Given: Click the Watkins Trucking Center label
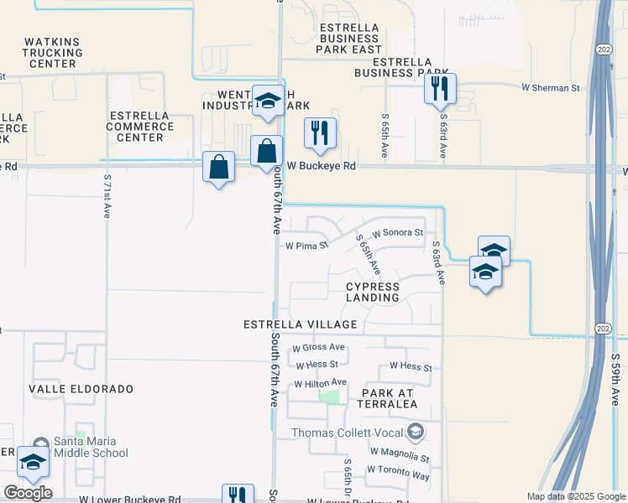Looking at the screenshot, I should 52,52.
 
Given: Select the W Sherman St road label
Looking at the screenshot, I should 550,87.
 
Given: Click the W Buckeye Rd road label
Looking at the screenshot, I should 322,167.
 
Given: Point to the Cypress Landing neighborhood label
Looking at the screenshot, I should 373,292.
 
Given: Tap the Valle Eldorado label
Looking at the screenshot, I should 81,390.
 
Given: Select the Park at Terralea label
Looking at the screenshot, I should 389,398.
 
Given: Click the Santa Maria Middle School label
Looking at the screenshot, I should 91,448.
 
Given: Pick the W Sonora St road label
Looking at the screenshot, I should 397,231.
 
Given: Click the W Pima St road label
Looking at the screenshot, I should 306,246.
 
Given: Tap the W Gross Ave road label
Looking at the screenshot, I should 319,347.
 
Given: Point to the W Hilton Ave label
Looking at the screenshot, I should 320,383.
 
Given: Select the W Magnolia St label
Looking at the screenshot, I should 399,459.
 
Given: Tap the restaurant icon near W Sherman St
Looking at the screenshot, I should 440,89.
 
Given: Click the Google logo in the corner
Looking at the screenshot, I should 27,493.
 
